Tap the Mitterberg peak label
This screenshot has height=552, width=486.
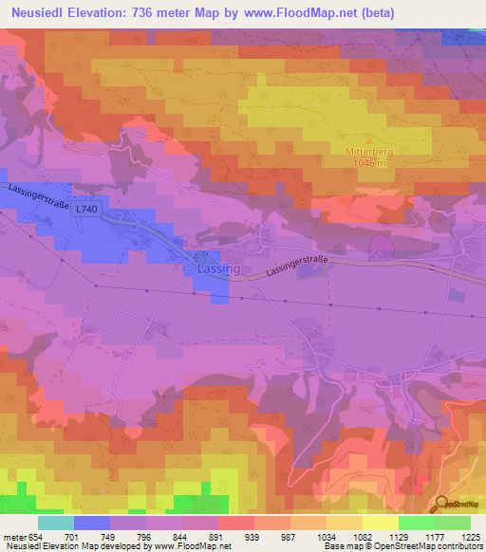point(367,151)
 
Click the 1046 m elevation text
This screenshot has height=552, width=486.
point(367,163)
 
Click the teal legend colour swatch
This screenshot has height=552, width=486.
point(55,523)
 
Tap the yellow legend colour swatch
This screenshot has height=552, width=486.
point(380,523)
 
